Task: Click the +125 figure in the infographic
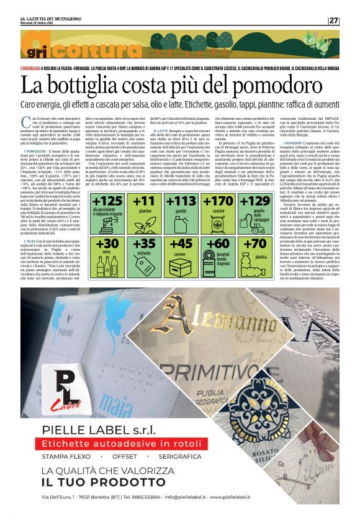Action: click(108, 202)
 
